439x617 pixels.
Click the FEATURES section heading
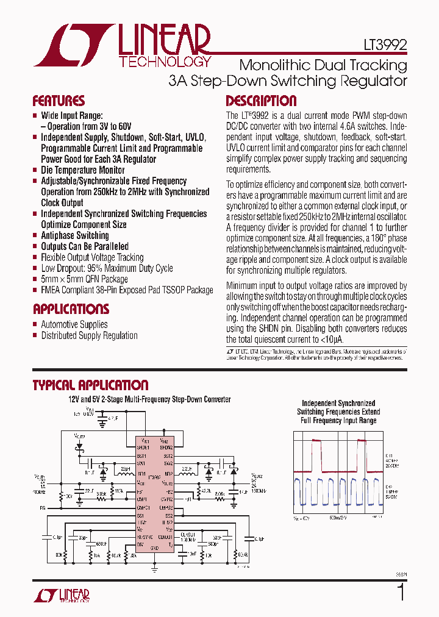59,101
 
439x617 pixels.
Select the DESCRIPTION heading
261,101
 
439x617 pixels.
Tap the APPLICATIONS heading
71,308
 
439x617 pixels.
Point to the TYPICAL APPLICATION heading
90,385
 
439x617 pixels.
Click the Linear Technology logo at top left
123,46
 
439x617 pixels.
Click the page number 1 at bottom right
401,593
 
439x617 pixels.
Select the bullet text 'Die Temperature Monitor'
82,170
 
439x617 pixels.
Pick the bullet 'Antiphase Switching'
74,235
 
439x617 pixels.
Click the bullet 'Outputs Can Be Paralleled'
84,246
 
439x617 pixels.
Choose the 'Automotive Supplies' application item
74,324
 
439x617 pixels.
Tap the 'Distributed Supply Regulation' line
89,335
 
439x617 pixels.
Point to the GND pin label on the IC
155,548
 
